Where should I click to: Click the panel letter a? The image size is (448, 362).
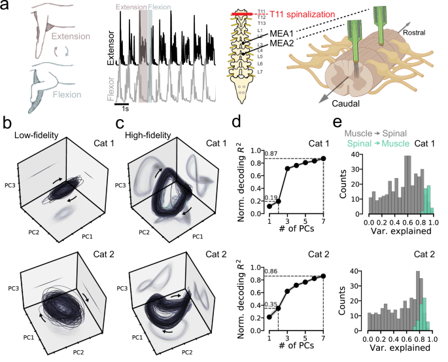6,7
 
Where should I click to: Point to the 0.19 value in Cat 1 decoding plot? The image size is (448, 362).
275,196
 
